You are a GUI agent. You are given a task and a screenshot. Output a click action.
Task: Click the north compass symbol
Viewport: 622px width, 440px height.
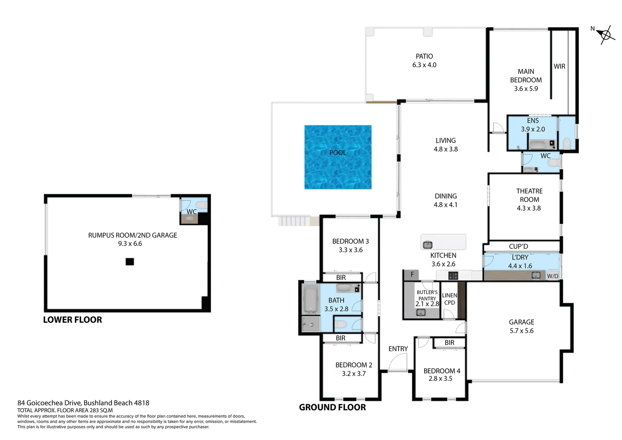(x=605, y=35)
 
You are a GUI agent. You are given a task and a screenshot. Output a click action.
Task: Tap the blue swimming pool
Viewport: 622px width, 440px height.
(x=338, y=157)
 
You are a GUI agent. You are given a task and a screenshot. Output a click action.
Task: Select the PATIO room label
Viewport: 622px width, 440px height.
(x=424, y=56)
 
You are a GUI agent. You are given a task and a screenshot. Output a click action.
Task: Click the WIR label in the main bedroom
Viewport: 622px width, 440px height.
(x=559, y=66)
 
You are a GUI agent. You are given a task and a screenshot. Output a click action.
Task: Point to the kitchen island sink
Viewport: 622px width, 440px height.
(x=427, y=245)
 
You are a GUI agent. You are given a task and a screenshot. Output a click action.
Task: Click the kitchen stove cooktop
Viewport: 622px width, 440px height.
(x=453, y=276)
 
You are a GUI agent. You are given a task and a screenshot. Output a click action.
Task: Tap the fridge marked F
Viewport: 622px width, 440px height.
(x=412, y=275)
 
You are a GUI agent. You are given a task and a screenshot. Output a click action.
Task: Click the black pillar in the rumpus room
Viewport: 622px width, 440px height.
(x=129, y=262)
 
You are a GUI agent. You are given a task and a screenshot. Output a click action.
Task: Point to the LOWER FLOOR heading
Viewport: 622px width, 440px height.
(x=72, y=320)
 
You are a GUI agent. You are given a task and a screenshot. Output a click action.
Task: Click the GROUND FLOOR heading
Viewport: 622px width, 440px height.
(x=332, y=407)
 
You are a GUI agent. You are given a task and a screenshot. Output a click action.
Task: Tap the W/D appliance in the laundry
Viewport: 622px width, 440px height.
(x=552, y=276)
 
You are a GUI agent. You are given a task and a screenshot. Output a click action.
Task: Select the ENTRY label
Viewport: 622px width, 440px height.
(x=398, y=349)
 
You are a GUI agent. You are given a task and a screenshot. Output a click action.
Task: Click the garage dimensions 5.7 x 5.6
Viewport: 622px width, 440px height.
(x=521, y=331)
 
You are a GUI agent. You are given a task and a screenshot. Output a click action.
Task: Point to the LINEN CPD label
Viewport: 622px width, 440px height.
(x=449, y=299)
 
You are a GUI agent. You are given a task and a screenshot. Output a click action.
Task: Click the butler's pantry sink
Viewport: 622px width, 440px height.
(x=421, y=312)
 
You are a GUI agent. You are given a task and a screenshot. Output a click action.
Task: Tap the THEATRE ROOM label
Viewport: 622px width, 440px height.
(x=529, y=195)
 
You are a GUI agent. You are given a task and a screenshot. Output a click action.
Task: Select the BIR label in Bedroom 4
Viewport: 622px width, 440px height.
(x=449, y=343)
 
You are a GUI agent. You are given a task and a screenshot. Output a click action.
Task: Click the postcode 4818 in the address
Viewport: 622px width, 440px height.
(x=142, y=403)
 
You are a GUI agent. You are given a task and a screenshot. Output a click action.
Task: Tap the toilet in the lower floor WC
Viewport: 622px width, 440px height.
(x=201, y=205)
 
